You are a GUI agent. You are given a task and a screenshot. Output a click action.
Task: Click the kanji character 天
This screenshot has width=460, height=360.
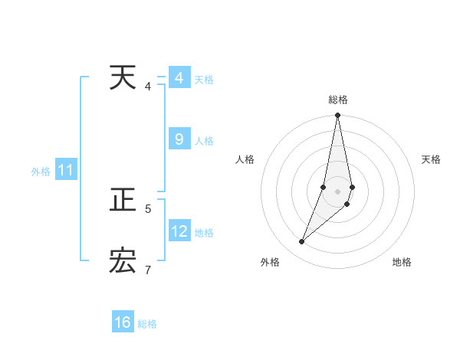(123, 77)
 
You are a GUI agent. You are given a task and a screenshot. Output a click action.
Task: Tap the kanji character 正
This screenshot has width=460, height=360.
(123, 201)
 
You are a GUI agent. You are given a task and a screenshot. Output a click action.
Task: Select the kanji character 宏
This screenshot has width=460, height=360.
(123, 261)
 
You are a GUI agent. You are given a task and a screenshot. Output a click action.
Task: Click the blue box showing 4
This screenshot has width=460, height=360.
(179, 78)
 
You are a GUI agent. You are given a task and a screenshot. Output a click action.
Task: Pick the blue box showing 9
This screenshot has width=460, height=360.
(179, 139)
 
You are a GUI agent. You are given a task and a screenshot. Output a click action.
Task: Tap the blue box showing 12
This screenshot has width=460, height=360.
(179, 231)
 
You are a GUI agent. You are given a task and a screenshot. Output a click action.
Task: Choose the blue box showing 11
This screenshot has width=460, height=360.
(65, 171)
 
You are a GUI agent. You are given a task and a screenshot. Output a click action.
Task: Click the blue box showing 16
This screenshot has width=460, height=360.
(123, 322)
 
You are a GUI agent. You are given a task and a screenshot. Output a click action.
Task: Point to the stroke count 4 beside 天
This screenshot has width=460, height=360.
(148, 86)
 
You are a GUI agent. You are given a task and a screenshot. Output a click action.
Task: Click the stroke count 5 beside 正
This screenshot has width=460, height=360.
(148, 208)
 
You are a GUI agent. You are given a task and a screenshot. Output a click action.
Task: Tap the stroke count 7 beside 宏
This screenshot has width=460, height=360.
(148, 269)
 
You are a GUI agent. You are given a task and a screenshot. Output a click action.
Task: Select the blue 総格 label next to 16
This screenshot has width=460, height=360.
(147, 324)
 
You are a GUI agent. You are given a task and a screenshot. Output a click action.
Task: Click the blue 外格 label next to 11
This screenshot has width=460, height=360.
(41, 172)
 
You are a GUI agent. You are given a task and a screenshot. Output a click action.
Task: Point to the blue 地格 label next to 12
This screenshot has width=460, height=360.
(204, 232)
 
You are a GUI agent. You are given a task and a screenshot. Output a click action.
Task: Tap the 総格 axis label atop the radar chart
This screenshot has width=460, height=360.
(338, 100)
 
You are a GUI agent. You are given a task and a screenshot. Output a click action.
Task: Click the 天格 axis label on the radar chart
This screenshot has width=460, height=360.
(431, 159)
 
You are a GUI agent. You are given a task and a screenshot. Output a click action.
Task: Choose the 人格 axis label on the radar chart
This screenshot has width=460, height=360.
(245, 159)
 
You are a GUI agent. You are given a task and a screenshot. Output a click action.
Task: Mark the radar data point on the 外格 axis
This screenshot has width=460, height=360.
(302, 242)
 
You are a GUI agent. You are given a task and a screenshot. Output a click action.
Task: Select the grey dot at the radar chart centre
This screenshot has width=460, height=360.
(338, 191)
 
